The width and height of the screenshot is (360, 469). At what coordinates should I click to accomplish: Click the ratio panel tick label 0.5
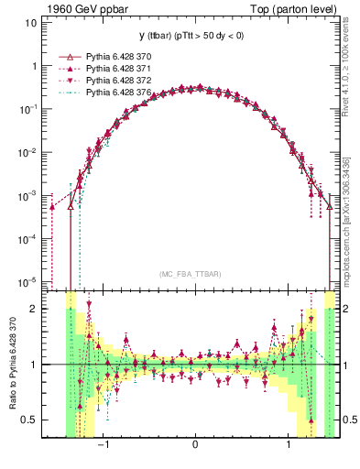coord(28,420)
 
